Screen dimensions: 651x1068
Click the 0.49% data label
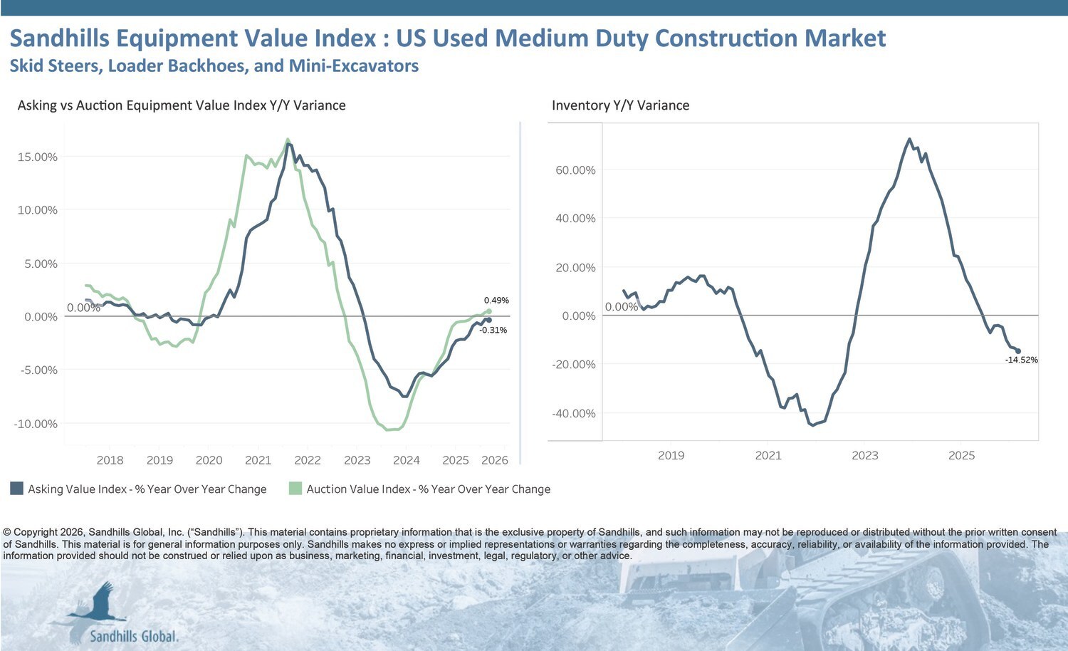tap(496, 301)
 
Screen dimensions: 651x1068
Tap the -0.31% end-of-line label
tap(493, 330)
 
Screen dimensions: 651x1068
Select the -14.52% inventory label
tap(1021, 360)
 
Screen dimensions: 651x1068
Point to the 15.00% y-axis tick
tap(37, 157)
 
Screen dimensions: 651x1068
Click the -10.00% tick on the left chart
tap(36, 425)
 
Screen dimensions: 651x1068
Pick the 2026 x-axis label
tap(494, 461)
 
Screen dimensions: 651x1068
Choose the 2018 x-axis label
tap(110, 461)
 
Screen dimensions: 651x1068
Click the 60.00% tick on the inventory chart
tap(575, 170)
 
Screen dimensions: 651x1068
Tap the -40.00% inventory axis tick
tap(574, 414)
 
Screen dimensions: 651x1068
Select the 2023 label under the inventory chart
tap(865, 456)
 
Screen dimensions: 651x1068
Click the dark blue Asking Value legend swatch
tap(16, 489)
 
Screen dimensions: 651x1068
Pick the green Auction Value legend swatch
tap(295, 489)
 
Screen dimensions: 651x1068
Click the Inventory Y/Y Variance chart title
tap(620, 105)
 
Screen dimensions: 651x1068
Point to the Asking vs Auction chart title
tap(182, 105)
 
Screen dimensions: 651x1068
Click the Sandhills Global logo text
tap(134, 636)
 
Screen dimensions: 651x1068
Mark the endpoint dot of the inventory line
tap(1017, 351)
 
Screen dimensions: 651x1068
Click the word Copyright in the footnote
tap(35, 532)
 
